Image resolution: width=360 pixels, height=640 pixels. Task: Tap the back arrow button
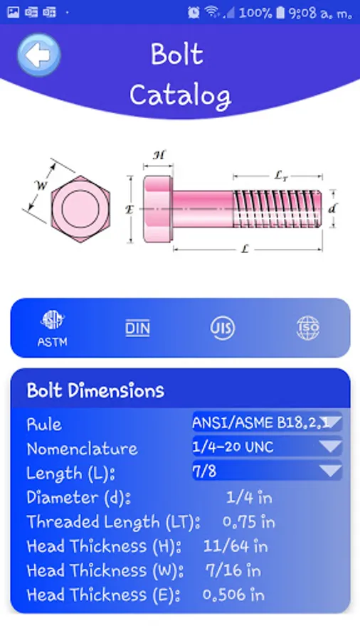pyautogui.click(x=39, y=55)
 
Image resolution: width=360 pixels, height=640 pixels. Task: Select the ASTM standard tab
pyautogui.click(x=52, y=329)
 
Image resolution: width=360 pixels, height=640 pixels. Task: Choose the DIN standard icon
pyautogui.click(x=137, y=328)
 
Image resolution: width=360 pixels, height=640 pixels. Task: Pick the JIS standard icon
pyautogui.click(x=223, y=328)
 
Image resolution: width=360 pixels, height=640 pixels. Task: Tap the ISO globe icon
pyautogui.click(x=308, y=328)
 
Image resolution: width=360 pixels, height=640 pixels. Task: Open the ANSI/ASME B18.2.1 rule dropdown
pyautogui.click(x=267, y=422)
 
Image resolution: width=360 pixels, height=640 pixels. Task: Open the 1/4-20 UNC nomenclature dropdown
pyautogui.click(x=267, y=447)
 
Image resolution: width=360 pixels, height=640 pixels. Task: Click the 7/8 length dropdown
pyautogui.click(x=267, y=471)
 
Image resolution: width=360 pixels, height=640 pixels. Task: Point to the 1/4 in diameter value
pyautogui.click(x=249, y=497)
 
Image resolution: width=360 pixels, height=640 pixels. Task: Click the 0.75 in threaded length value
pyautogui.click(x=248, y=522)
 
